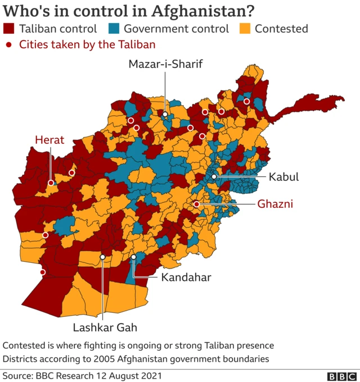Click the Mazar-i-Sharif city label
(x=165, y=63)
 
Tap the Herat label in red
(x=49, y=140)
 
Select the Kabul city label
(x=283, y=176)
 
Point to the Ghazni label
(x=276, y=204)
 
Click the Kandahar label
(x=186, y=277)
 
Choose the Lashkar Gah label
(x=105, y=327)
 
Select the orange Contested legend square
(x=245, y=29)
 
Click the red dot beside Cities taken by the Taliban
(x=8, y=44)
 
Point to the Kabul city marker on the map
(x=214, y=176)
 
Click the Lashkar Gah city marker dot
(x=102, y=257)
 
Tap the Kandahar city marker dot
(x=133, y=258)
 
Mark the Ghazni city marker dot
(x=196, y=204)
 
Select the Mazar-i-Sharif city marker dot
(x=165, y=115)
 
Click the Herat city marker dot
(x=51, y=183)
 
